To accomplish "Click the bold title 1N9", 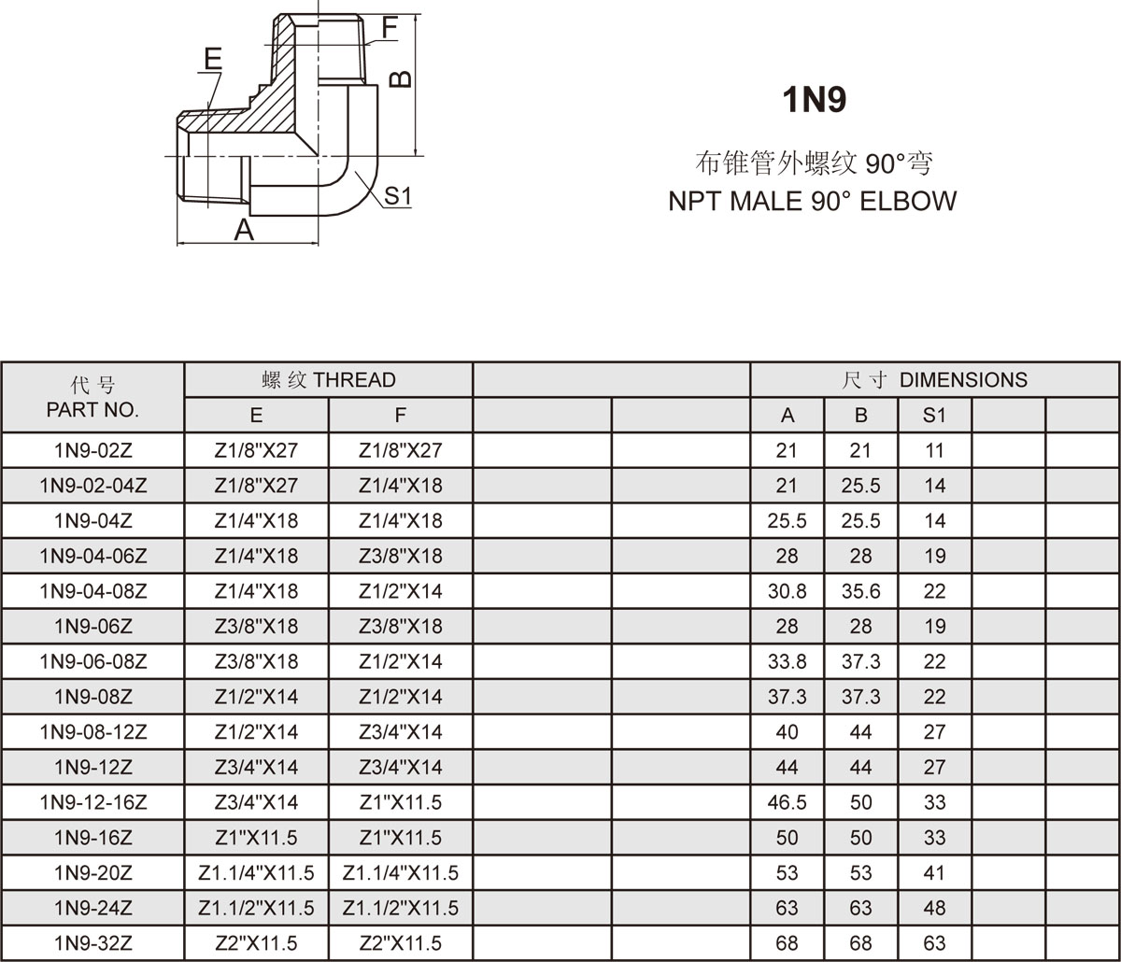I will pyautogui.click(x=814, y=100).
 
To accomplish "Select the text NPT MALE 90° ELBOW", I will pyautogui.click(x=812, y=201).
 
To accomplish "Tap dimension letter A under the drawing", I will pyautogui.click(x=244, y=229).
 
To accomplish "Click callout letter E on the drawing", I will pyautogui.click(x=213, y=59).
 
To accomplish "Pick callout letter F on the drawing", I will pyautogui.click(x=390, y=28).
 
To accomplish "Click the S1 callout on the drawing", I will pyautogui.click(x=398, y=196).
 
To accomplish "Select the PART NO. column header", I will pyautogui.click(x=92, y=409).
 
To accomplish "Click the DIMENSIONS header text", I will pyautogui.click(x=962, y=380).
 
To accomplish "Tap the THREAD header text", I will pyautogui.click(x=354, y=380).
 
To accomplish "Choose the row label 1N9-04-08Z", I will pyautogui.click(x=92, y=591).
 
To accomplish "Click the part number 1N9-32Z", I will pyautogui.click(x=92, y=943).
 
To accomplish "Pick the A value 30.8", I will pyautogui.click(x=787, y=591).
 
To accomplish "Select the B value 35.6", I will pyautogui.click(x=860, y=591).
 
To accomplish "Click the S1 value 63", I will pyautogui.click(x=934, y=943).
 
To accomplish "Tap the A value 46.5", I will pyautogui.click(x=787, y=802).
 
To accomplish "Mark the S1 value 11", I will pyautogui.click(x=934, y=450).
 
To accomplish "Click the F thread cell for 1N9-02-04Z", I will pyautogui.click(x=400, y=486).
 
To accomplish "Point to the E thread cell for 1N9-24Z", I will pyautogui.click(x=256, y=908).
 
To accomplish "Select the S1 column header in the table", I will pyautogui.click(x=934, y=416).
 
